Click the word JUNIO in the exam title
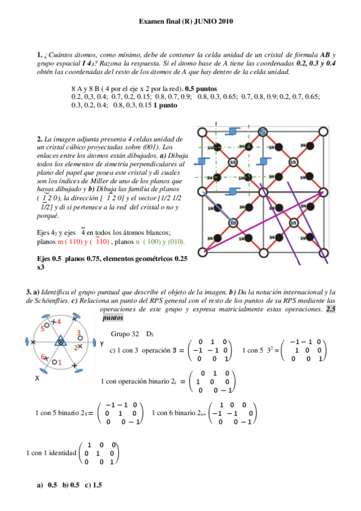point(202,22)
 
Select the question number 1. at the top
point(40,55)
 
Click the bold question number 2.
point(40,139)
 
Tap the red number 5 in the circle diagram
point(43,328)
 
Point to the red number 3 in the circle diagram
point(79,333)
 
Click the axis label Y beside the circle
point(102,344)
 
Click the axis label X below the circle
point(37,378)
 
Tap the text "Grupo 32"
point(125,334)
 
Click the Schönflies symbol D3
point(151,334)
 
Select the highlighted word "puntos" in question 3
point(113,317)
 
